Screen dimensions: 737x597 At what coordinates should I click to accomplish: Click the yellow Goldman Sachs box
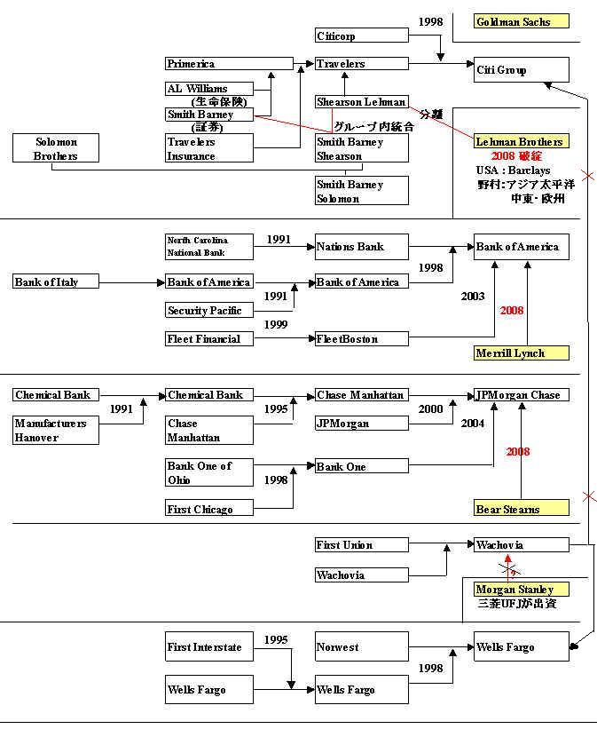click(x=522, y=21)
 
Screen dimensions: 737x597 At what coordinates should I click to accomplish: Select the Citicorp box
click(x=362, y=36)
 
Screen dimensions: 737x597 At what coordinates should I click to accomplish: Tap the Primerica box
click(x=229, y=64)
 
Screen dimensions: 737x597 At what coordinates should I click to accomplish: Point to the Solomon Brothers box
click(x=56, y=149)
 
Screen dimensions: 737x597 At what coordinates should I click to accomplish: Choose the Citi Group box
click(x=522, y=71)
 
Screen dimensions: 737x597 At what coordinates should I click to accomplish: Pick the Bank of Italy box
click(x=55, y=282)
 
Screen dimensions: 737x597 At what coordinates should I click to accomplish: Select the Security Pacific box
click(x=208, y=311)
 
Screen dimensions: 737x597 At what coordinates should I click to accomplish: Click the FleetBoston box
click(x=362, y=339)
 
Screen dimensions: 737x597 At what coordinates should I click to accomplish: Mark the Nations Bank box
click(x=362, y=247)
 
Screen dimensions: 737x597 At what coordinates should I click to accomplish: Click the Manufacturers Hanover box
click(x=56, y=431)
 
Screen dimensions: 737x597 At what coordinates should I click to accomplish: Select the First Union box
click(x=362, y=545)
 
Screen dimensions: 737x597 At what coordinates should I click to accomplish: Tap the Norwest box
click(x=362, y=647)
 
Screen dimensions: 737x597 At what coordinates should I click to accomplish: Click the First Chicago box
click(x=208, y=510)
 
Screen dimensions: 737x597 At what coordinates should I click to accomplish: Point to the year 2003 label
click(x=473, y=297)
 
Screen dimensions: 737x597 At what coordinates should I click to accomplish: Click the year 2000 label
click(x=431, y=409)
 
